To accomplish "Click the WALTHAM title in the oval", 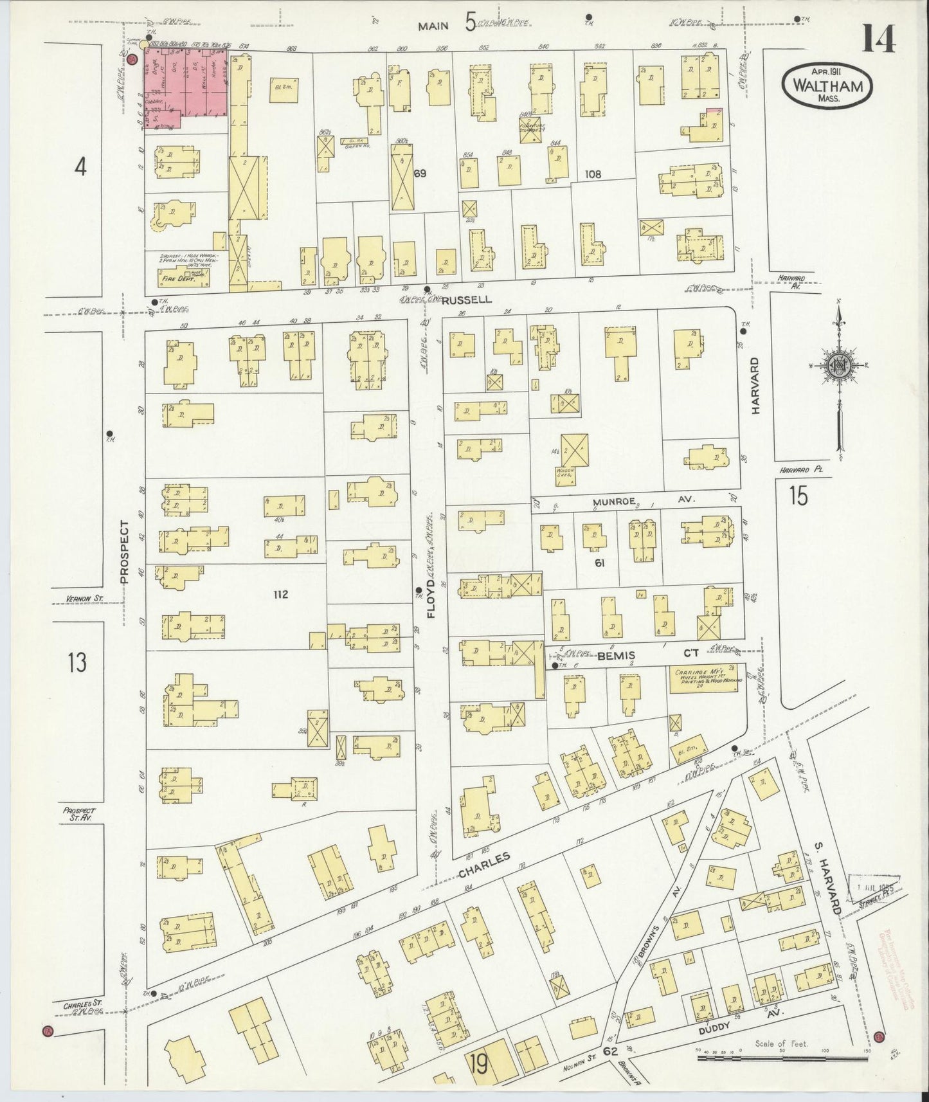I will pos(827,86).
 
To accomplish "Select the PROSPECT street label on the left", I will pos(125,552).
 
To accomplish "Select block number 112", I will pos(280,595).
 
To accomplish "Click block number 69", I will pos(420,173).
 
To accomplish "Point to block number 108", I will pos(592,173).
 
